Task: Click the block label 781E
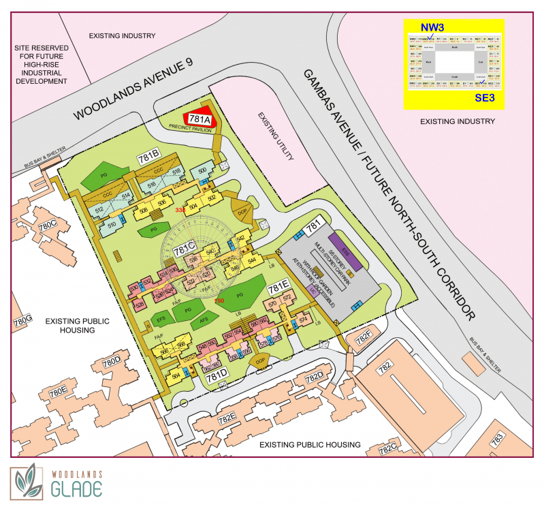click(279, 287)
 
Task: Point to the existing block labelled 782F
click(360, 337)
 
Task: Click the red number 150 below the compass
click(219, 300)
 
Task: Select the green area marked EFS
click(161, 318)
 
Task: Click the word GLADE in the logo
click(76, 489)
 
